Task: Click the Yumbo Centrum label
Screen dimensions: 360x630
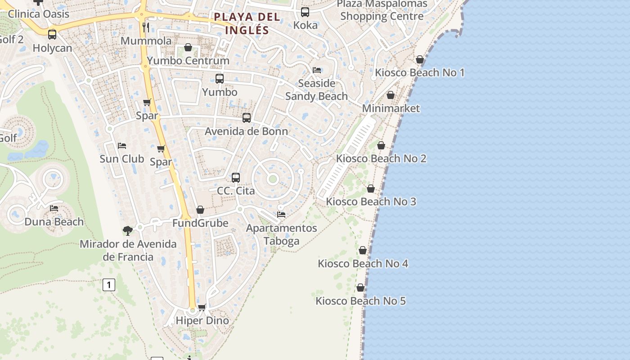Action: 188,60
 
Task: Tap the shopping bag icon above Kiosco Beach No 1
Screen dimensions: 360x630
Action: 420,59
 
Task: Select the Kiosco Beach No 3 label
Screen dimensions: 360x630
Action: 371,201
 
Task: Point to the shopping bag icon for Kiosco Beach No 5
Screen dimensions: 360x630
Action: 360,288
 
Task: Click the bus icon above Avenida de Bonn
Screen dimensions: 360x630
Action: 247,118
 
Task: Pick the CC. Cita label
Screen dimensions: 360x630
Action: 236,190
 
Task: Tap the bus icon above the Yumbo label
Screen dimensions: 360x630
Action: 220,79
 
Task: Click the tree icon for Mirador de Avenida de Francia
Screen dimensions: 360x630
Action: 128,231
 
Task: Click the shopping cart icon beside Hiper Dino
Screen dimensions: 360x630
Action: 202,307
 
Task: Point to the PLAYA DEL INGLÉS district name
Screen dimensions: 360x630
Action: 247,23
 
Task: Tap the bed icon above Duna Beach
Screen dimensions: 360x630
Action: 54,208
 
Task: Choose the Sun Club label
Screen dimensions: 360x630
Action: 121,158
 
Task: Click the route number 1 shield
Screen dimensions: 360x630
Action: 108,284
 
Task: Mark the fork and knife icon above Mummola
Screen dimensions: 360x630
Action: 145,27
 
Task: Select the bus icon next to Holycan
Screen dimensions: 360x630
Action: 52,35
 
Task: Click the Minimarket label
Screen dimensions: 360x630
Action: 391,108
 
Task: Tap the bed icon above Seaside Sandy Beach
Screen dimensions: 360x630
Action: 317,70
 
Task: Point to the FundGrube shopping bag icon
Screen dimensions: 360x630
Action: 200,210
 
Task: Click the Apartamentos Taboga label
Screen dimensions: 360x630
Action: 281,234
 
